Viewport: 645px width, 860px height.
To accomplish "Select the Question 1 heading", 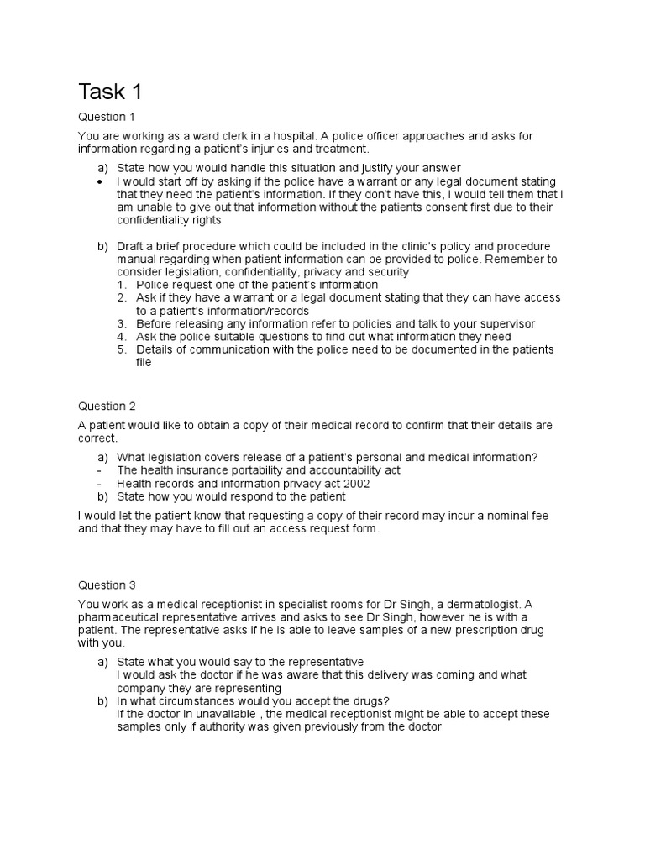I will [107, 117].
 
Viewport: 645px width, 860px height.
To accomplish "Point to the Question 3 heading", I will [107, 585].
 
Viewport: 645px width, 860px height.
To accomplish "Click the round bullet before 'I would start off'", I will [102, 181].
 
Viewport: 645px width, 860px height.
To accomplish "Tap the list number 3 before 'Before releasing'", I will [121, 323].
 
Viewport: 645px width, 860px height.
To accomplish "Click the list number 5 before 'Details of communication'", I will [121, 349].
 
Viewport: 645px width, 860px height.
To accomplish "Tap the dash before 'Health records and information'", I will [101, 484].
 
